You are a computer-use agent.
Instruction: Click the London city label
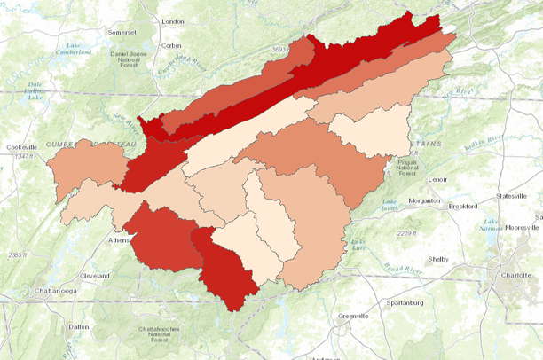[172, 21]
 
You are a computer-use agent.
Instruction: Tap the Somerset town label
[122, 32]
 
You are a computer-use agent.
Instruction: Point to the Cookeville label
[19, 147]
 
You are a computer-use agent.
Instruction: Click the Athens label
[118, 239]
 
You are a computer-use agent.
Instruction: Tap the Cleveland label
[95, 276]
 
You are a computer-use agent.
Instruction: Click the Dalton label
[79, 327]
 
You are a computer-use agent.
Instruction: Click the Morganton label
[423, 200]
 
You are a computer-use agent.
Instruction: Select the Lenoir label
[437, 179]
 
